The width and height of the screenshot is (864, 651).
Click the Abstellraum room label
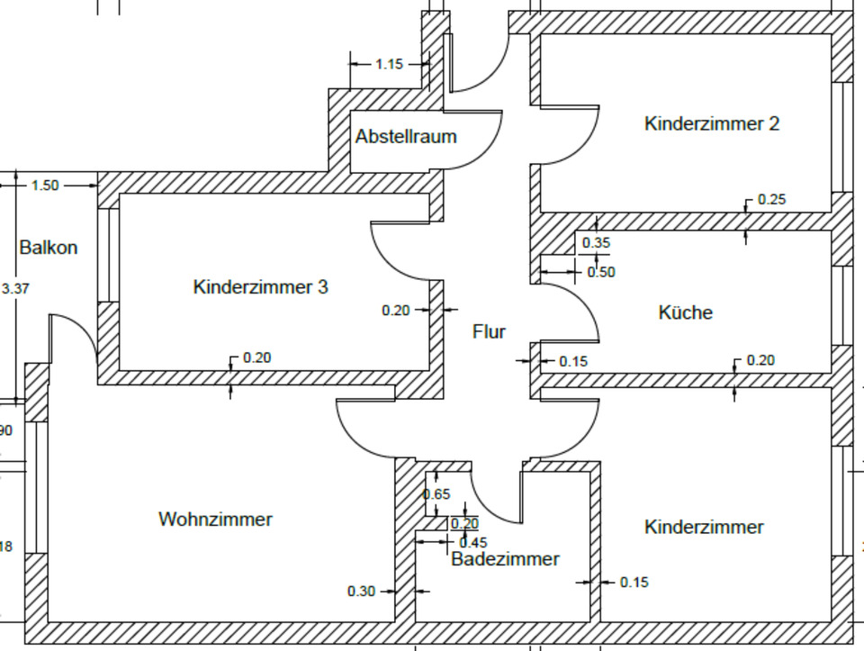[x=406, y=137]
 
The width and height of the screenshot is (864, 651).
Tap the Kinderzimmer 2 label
[x=712, y=123]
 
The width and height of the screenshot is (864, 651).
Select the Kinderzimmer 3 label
[x=261, y=287]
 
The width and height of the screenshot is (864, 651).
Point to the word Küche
[x=686, y=312]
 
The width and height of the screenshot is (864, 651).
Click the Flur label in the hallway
[x=489, y=331]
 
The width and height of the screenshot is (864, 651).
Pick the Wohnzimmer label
[x=215, y=520]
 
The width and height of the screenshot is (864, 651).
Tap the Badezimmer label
[x=505, y=558]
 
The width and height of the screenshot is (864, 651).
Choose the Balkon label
[x=49, y=248]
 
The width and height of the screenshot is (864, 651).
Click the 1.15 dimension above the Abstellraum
[x=390, y=64]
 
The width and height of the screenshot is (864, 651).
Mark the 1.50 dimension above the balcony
[x=45, y=185]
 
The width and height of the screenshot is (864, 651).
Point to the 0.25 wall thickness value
[x=772, y=199]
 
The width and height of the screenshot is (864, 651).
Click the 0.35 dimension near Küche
[x=596, y=242]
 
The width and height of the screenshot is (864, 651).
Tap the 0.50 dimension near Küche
[x=601, y=272]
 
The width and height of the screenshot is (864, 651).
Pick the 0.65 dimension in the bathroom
[x=436, y=494]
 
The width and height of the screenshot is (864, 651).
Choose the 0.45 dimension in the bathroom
[x=473, y=542]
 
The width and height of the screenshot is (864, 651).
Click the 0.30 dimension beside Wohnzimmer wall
[x=362, y=592]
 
